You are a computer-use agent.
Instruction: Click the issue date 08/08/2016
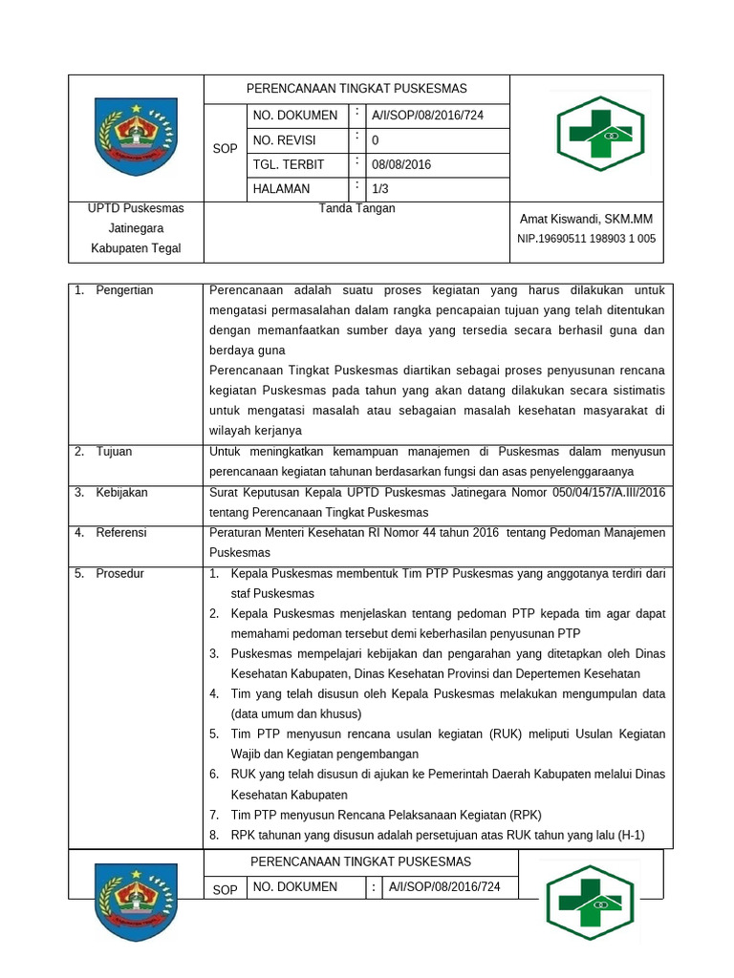401,164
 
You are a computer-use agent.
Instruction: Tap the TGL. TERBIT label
289,164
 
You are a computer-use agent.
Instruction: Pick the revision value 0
376,140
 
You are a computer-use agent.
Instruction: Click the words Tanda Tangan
356,208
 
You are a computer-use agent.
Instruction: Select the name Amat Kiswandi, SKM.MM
586,219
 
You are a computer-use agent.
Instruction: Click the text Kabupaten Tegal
136,249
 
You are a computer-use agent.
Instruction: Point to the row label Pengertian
124,290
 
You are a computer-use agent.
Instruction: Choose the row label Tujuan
114,451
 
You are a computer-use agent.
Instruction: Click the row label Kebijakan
121,493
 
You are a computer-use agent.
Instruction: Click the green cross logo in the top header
600,134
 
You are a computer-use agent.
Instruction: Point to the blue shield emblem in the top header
136,137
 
